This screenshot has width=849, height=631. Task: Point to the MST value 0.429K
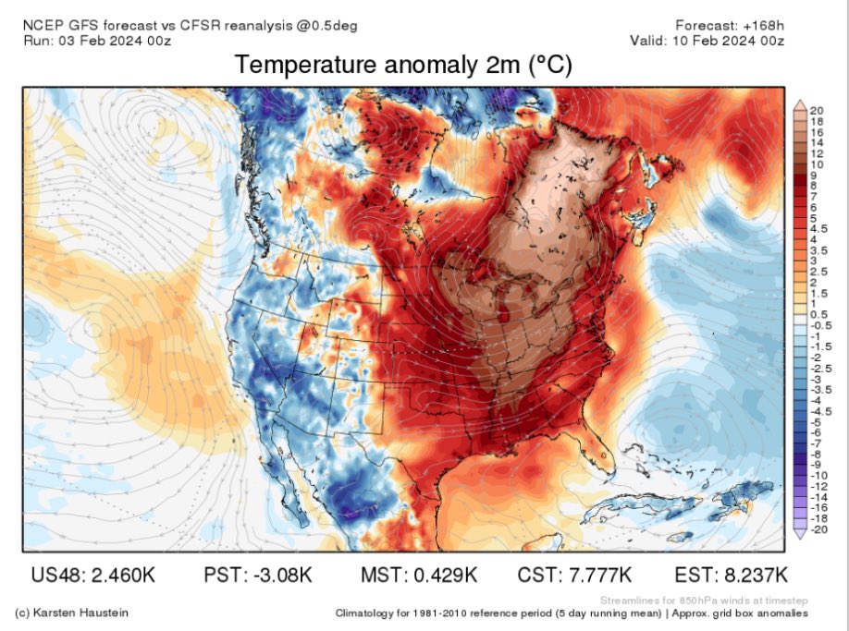tap(418, 575)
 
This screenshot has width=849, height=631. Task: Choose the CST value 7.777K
tap(574, 575)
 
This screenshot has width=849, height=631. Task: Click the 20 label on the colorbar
tap(818, 110)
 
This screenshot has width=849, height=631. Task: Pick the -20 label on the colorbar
tap(818, 531)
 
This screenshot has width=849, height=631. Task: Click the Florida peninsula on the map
tap(597, 465)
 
